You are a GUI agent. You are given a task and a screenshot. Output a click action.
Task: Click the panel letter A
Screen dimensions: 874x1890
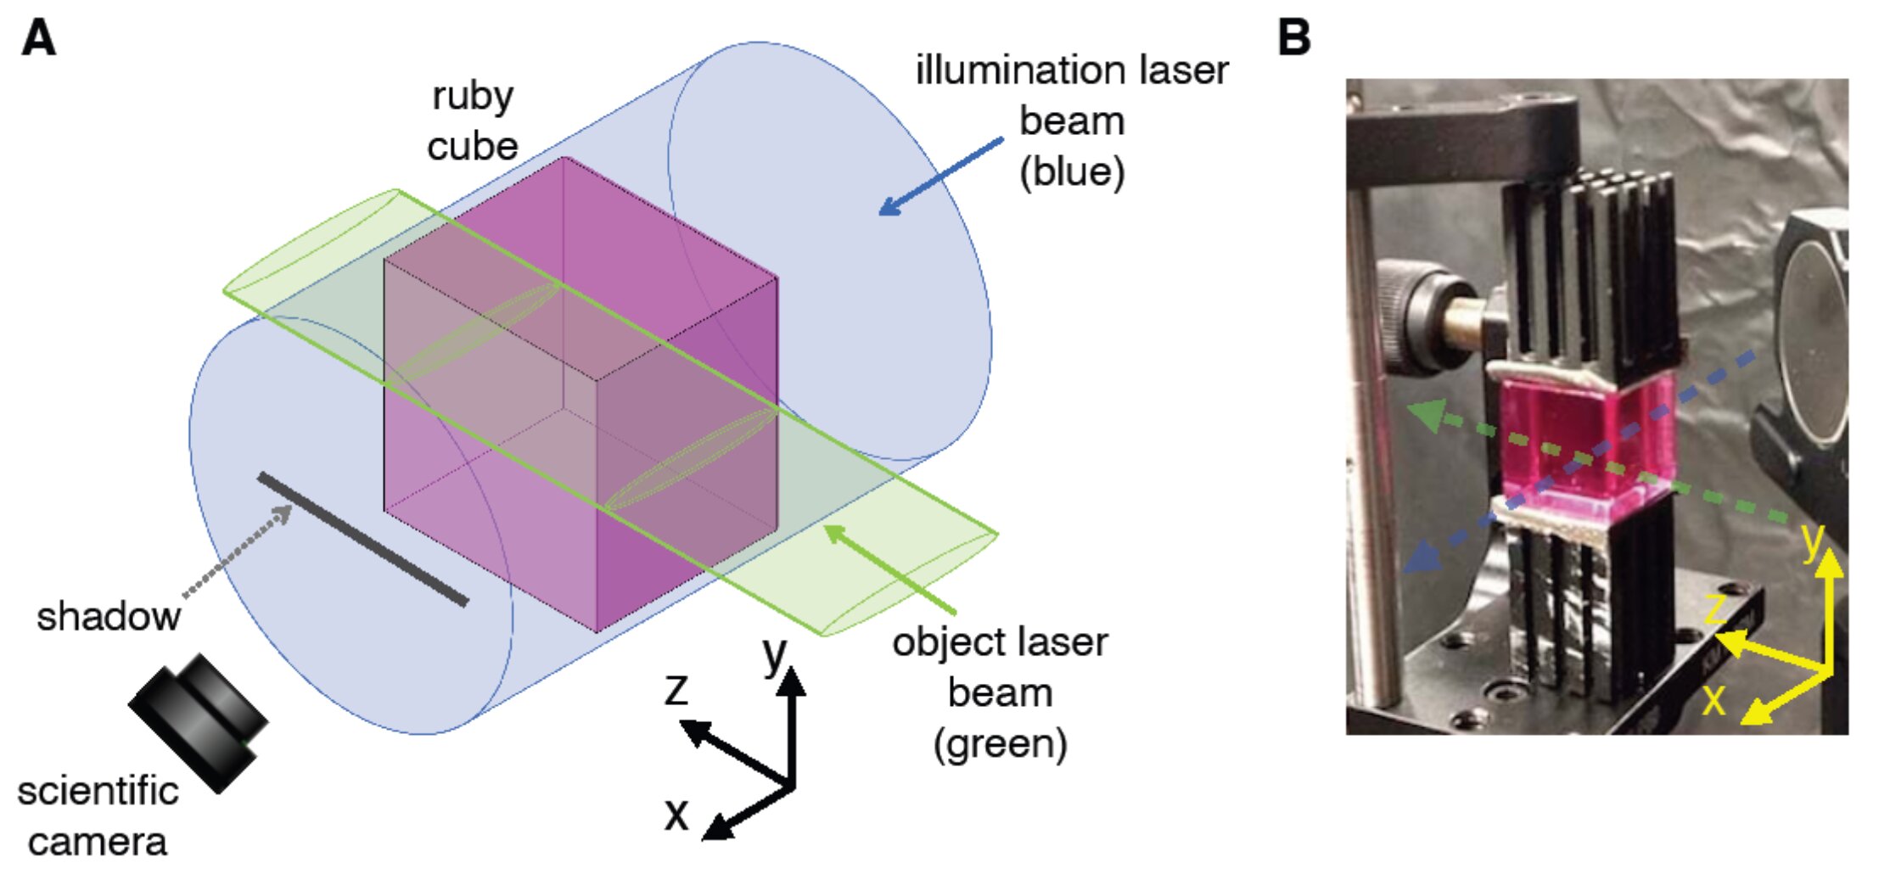tap(39, 38)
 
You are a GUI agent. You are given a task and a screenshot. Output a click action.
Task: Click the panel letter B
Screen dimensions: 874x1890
tap(1293, 38)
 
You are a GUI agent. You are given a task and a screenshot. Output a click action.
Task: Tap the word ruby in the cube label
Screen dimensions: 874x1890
tap(472, 96)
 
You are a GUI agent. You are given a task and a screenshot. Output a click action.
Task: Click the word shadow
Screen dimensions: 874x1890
tap(108, 616)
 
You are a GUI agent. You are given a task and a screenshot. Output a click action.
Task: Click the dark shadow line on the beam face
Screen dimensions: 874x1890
tap(363, 540)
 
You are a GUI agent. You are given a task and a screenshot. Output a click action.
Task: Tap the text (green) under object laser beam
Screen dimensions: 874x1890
tap(1000, 744)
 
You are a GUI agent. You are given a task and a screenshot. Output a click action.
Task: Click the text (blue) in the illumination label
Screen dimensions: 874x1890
tap(1072, 172)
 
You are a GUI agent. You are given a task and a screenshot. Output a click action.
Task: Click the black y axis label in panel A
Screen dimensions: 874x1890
tap(774, 653)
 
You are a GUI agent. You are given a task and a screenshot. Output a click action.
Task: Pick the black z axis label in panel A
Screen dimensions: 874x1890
tap(676, 689)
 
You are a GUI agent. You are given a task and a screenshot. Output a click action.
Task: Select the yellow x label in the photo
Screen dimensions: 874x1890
tap(1714, 699)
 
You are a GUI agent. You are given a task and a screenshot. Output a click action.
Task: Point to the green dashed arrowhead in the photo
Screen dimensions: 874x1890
tap(1426, 414)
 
